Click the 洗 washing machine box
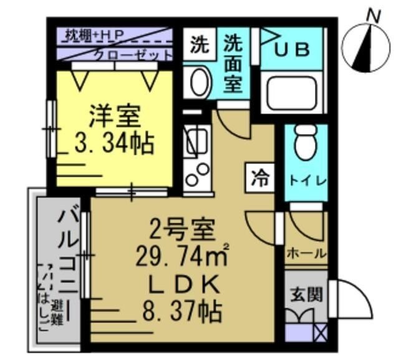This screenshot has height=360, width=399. tap(199, 44)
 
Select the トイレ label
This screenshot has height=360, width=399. tap(307, 180)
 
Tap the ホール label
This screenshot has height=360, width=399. tap(306, 253)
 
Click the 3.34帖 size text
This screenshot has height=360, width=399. tap(115, 144)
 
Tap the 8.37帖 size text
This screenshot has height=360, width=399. tap(180, 310)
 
